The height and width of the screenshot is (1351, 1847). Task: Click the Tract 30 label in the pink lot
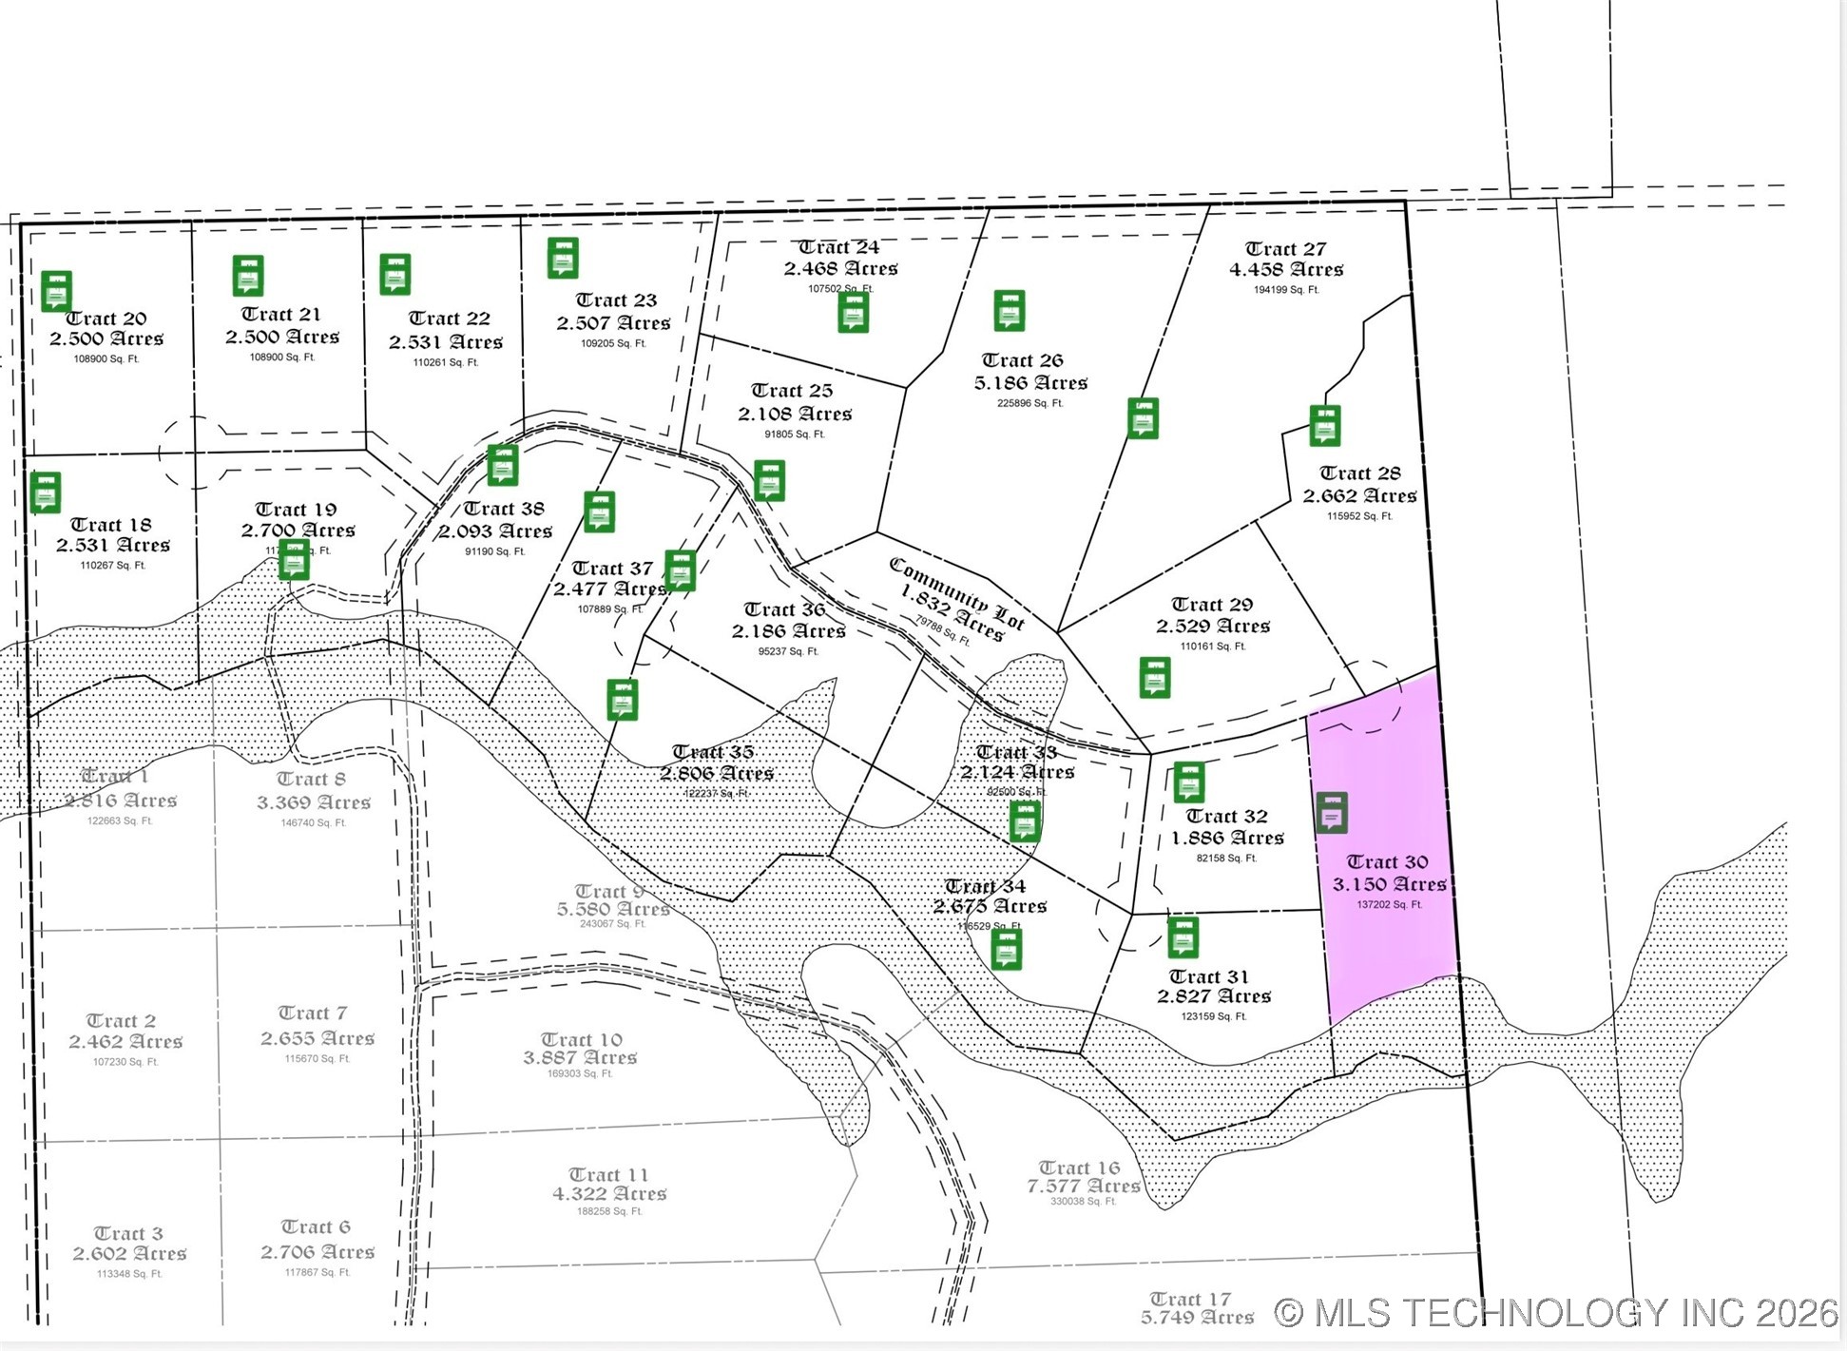pos(1387,862)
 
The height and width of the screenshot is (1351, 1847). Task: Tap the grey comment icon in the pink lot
pos(1332,813)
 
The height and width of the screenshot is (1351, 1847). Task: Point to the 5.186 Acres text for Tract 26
pos(1030,383)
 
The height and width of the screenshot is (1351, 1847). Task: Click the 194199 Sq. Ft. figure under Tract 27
pos(1285,290)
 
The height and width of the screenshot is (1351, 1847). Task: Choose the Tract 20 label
pos(106,318)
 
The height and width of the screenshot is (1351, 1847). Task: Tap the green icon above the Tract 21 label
pos(248,276)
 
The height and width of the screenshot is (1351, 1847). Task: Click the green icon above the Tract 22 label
pos(395,274)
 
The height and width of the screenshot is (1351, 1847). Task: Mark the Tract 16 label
pos(1079,1168)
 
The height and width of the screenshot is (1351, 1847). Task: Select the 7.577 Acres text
pos(1083,1186)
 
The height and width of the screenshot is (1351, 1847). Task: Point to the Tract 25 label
pos(792,391)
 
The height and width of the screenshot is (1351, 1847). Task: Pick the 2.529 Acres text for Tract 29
pos(1213,626)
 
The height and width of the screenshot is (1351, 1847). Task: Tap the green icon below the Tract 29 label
pos(1155,677)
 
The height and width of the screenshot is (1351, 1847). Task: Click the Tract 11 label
pos(608,1175)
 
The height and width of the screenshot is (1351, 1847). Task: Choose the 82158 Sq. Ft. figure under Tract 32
pos(1226,859)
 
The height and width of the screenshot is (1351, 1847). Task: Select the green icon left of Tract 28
pos(1325,426)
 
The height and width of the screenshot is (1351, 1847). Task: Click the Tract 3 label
pos(128,1234)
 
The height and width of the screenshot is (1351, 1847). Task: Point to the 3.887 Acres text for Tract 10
pos(580,1057)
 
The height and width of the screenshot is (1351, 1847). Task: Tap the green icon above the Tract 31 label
pos(1183,937)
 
